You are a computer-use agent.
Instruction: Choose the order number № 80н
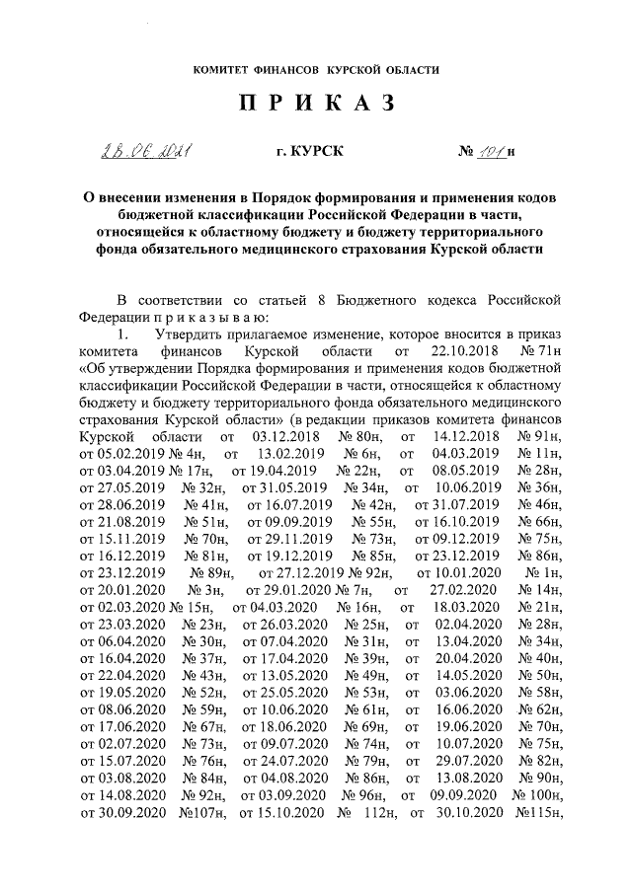pyautogui.click(x=359, y=435)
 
